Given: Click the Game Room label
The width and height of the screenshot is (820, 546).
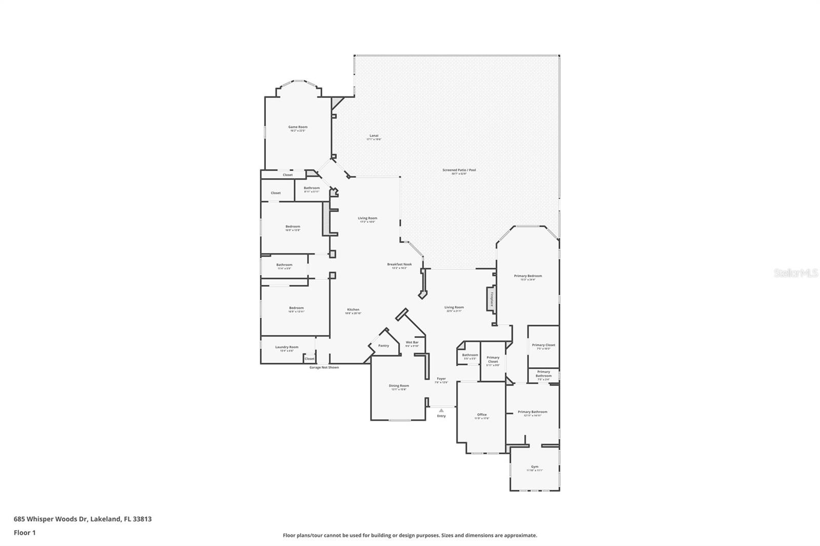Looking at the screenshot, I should pyautogui.click(x=298, y=127).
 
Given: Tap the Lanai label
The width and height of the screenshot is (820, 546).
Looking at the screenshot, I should pyautogui.click(x=374, y=136).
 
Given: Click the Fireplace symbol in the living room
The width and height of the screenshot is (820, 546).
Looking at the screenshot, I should pyautogui.click(x=491, y=299).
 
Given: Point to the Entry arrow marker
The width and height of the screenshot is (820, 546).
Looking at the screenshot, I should pyautogui.click(x=441, y=410).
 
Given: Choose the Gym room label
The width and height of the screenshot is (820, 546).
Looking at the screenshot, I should pyautogui.click(x=535, y=467).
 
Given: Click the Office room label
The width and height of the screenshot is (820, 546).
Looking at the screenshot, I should pyautogui.click(x=482, y=415).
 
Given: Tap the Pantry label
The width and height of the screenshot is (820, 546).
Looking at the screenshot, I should pyautogui.click(x=383, y=346).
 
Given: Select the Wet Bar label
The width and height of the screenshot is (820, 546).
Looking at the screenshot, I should pyautogui.click(x=412, y=342).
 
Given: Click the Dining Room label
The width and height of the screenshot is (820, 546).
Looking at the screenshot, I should pyautogui.click(x=399, y=386).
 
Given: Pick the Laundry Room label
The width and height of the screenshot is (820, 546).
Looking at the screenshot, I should pyautogui.click(x=286, y=347).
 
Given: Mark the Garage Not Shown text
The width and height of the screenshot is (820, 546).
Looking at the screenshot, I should pyautogui.click(x=324, y=367).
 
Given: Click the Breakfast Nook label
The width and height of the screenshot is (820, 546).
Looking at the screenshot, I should pyautogui.click(x=399, y=264).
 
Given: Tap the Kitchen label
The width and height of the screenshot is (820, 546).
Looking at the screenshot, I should pyautogui.click(x=353, y=309).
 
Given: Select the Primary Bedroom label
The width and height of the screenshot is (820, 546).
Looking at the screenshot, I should pyautogui.click(x=528, y=276).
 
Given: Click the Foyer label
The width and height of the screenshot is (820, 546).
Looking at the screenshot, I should pyautogui.click(x=441, y=379).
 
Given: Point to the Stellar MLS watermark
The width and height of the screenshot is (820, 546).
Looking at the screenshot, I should pyautogui.click(x=795, y=274).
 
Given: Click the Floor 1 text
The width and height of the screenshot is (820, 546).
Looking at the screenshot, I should pyautogui.click(x=25, y=533).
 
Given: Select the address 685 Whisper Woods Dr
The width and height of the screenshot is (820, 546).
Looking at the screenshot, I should pyautogui.click(x=83, y=519).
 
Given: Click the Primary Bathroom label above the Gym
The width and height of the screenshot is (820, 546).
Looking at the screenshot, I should pyautogui.click(x=532, y=412).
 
